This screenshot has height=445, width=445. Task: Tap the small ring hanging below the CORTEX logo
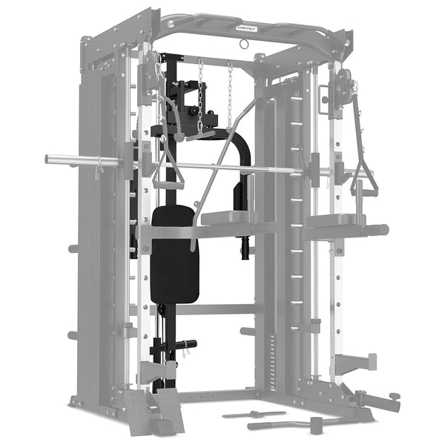[x=242, y=44]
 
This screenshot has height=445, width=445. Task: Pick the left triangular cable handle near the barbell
[x=168, y=175]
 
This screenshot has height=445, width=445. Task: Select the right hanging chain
[x=230, y=93]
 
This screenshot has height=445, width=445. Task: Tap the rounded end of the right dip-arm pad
[x=381, y=230]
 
